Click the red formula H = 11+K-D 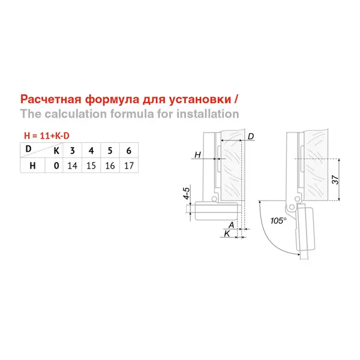point(47,136)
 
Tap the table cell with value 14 point(73,166)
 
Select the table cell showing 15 point(91,166)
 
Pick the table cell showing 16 point(110,166)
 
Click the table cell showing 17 point(129,166)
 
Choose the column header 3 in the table point(73,151)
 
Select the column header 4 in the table point(91,151)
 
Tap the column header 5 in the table point(110,151)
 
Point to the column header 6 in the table point(129,151)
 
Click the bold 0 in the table point(56,166)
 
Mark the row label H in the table point(32,166)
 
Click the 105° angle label point(278,221)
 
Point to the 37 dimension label point(335,179)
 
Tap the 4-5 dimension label point(187,193)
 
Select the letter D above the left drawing point(251,136)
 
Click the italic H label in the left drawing point(197,155)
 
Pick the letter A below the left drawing point(232,225)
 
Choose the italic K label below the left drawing point(227,233)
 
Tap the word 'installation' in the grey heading point(208,114)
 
